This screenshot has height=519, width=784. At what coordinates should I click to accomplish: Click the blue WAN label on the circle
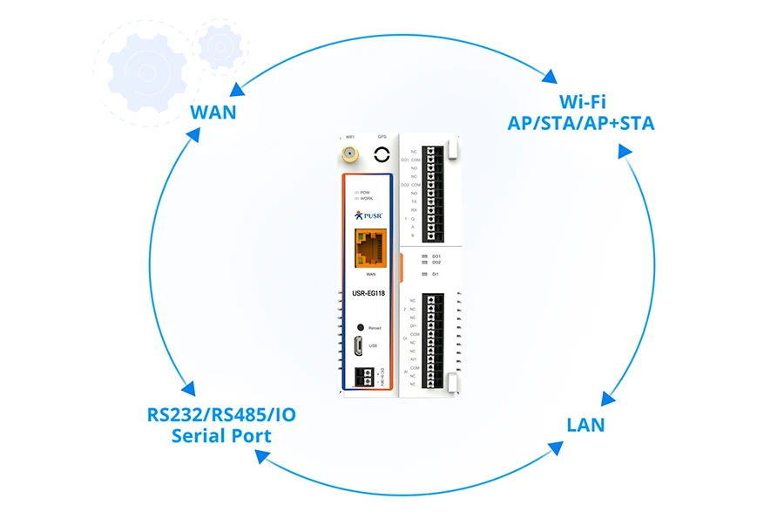click(x=213, y=113)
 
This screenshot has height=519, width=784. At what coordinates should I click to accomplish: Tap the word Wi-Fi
click(x=580, y=101)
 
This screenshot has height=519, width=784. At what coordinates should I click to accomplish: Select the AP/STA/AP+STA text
click(x=580, y=123)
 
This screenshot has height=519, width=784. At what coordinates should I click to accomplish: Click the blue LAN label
click(x=585, y=425)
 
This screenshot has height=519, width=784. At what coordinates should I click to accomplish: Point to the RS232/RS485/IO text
click(x=221, y=414)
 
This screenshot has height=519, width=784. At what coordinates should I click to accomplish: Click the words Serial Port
click(x=221, y=435)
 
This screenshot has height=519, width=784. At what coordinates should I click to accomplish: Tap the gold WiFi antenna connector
click(x=349, y=156)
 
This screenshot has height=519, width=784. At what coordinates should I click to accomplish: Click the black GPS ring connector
click(x=382, y=155)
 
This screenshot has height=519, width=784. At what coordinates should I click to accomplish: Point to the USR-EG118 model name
click(x=368, y=294)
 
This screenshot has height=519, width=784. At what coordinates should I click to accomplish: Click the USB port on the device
click(x=358, y=346)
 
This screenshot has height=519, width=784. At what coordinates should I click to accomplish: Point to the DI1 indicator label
click(x=436, y=274)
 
